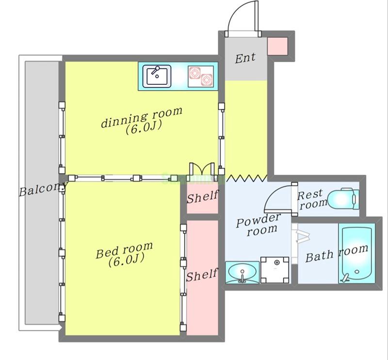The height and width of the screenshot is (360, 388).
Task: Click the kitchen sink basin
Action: (157, 76)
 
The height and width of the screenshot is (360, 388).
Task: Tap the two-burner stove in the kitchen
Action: (201, 77)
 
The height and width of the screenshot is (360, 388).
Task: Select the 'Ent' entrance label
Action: (245, 58)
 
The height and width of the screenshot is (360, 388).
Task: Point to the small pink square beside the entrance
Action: (277, 46)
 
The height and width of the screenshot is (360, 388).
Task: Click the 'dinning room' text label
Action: (142, 117)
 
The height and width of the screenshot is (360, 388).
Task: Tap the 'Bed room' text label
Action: (124, 250)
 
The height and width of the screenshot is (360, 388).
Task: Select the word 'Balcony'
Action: (43, 189)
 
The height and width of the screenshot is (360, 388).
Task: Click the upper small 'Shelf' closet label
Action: (202, 197)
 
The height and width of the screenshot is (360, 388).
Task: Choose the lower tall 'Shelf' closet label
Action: (202, 275)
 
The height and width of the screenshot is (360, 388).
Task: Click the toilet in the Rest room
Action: (343, 199)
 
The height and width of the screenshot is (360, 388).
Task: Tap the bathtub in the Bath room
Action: (356, 253)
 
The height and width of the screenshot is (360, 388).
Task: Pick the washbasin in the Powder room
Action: (242, 272)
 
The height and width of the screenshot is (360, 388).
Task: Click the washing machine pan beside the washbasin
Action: (275, 270)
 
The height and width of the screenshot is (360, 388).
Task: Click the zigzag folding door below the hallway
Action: (247, 178)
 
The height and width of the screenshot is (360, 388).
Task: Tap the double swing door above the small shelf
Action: (202, 170)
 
